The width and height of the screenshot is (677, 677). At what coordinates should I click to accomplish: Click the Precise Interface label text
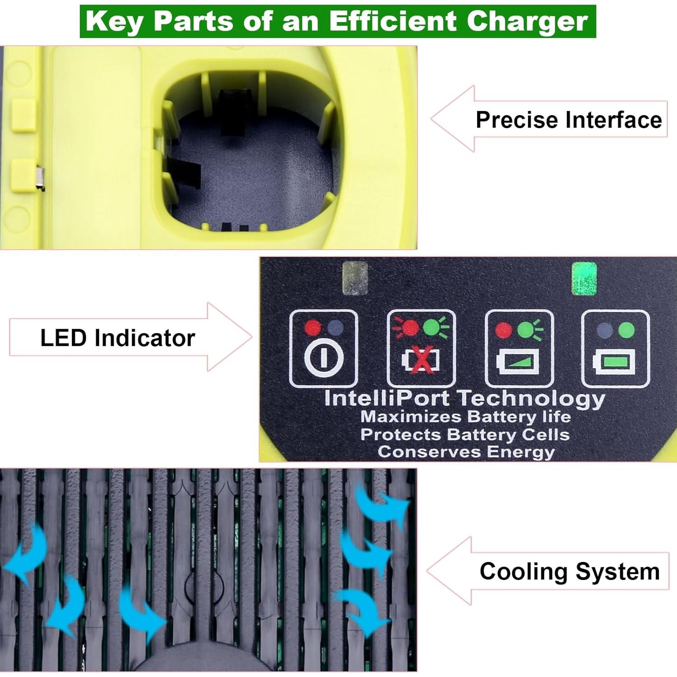[x=569, y=120]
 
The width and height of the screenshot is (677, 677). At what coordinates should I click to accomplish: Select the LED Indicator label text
[x=117, y=338]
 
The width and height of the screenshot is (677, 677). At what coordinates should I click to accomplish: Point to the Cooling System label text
[x=570, y=571]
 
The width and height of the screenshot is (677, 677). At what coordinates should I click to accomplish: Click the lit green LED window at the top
[x=584, y=279]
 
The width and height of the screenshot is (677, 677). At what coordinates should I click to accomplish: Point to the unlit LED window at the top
[x=355, y=278]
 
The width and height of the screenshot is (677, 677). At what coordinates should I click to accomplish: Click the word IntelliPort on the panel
[x=387, y=399]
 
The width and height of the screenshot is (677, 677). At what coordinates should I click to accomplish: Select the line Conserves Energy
[x=466, y=452]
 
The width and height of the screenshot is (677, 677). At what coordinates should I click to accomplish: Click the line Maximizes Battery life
[x=465, y=417]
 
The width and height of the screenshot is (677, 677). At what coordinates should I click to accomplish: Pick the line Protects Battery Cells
[x=465, y=435]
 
